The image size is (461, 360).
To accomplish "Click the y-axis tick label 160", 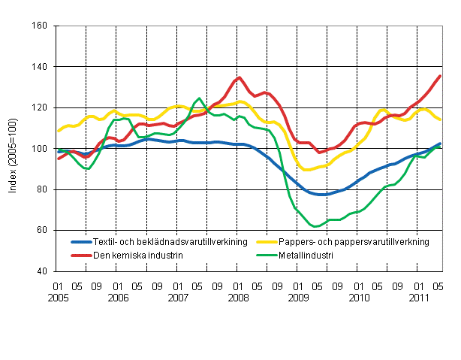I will [41, 26].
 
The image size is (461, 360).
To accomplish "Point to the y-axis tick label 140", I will [41, 67].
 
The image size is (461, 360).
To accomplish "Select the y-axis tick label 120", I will [41, 107].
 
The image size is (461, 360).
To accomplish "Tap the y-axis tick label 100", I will [41, 149].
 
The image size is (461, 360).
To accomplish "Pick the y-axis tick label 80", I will [43, 189].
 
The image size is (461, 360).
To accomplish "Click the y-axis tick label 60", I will [43, 230].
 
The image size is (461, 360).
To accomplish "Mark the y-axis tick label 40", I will [43, 271].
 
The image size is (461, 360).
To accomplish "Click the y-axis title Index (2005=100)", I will [13, 149].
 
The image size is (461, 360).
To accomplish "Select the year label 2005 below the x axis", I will [56, 298].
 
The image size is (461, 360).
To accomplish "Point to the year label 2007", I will [177, 298].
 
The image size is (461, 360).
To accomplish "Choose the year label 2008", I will [237, 298].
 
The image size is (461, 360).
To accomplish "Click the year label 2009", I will [298, 298].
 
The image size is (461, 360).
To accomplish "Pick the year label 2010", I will [358, 298].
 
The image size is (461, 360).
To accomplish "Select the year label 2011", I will [419, 298].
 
